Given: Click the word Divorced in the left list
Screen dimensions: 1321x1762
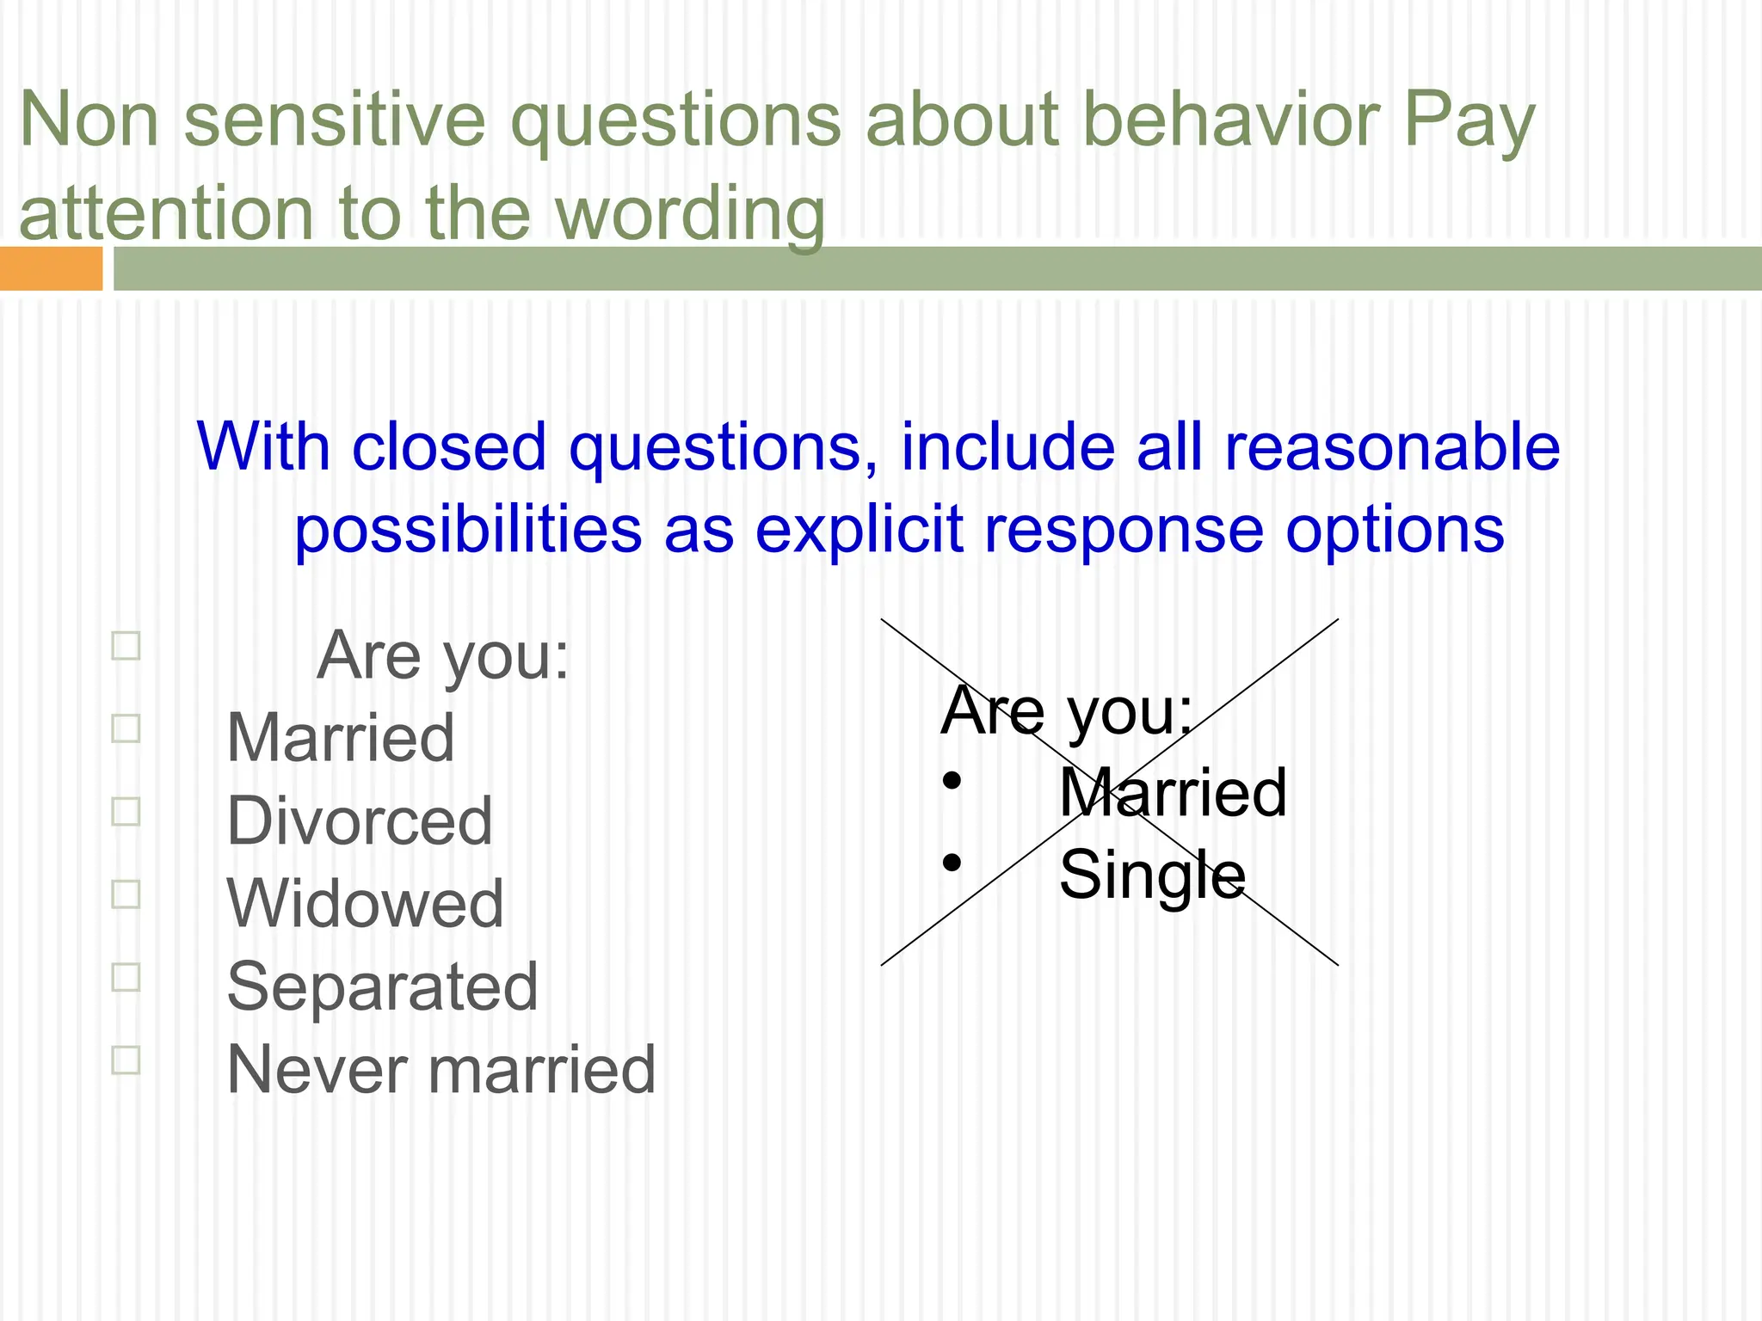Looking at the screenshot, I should coord(360,821).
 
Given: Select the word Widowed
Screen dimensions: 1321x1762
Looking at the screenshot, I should coord(365,904).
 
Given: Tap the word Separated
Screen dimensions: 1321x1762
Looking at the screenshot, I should coord(382,986).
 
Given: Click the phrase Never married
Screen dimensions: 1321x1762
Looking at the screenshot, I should coord(440,1069).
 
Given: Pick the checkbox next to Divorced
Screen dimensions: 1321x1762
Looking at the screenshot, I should coord(126,811).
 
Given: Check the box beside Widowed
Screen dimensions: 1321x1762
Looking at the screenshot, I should coord(126,894).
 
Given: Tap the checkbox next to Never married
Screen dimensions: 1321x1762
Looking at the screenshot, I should coord(126,1060).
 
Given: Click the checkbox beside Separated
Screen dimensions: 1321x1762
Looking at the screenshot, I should coord(126,977).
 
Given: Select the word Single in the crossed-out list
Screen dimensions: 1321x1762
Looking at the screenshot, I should coord(1152,876).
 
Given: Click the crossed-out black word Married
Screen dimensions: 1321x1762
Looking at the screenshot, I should coord(1173,793).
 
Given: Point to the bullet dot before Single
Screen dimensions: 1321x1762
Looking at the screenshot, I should coord(951,862).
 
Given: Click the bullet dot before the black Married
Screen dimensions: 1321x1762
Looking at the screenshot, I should coord(951,780).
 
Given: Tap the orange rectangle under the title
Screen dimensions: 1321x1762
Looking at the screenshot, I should coord(51,268).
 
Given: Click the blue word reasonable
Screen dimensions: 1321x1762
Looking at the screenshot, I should coord(1391,447).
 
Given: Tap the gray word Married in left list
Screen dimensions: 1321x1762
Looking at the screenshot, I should coord(341,739).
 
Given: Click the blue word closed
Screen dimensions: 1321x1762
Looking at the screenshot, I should coord(449,447).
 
